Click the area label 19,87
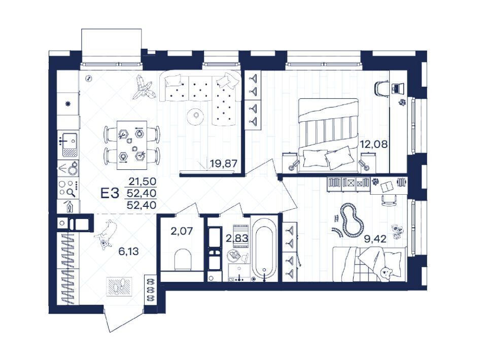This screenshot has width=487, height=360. (224, 163)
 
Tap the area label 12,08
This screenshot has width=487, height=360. (374, 144)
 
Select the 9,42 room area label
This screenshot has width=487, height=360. (375, 239)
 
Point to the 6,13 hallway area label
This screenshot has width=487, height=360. (128, 251)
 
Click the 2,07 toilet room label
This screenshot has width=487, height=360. (182, 231)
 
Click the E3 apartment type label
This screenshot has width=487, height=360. (110, 194)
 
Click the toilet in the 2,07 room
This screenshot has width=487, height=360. (183, 260)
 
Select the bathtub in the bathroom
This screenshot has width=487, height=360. (264, 248)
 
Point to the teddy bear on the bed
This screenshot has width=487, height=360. (387, 272)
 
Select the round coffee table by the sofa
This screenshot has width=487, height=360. (196, 117)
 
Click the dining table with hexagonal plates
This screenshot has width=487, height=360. (132, 145)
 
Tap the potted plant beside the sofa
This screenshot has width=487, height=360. (143, 88)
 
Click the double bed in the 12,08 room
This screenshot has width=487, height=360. (328, 135)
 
